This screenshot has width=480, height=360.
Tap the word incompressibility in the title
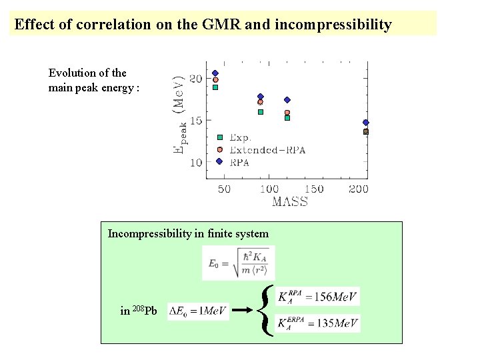333,25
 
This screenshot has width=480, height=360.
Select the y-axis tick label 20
195,79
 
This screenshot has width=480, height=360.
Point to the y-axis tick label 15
195,121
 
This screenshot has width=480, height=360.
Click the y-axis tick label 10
195,163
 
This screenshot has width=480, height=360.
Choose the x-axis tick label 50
224,189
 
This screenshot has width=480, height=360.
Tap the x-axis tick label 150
313,189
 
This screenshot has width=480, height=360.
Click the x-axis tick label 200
359,189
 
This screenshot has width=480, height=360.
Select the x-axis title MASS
290,202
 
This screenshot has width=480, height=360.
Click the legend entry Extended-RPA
267,150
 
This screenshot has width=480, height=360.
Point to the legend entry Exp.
240,138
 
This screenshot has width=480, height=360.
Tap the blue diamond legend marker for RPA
219,161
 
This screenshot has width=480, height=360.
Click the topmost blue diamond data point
215,73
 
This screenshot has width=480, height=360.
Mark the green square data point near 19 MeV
215,87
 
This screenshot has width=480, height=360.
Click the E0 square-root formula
238,263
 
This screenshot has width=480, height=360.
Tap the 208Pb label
139,311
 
